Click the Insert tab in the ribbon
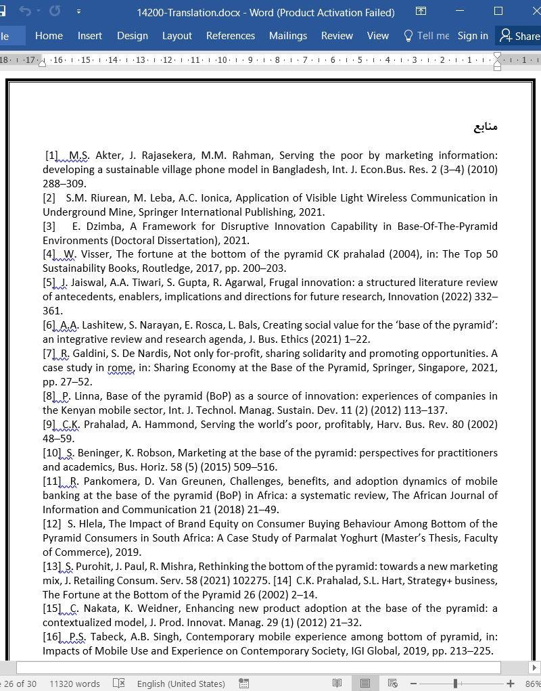(x=89, y=36)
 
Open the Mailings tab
(x=287, y=36)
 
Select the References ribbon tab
(x=231, y=36)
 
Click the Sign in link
(x=473, y=36)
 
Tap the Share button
(x=519, y=36)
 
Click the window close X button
(x=529, y=11)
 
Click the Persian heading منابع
(x=485, y=126)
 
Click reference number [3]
(x=49, y=227)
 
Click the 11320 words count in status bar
(x=74, y=684)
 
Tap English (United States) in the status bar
(x=181, y=684)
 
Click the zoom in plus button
(x=511, y=684)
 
